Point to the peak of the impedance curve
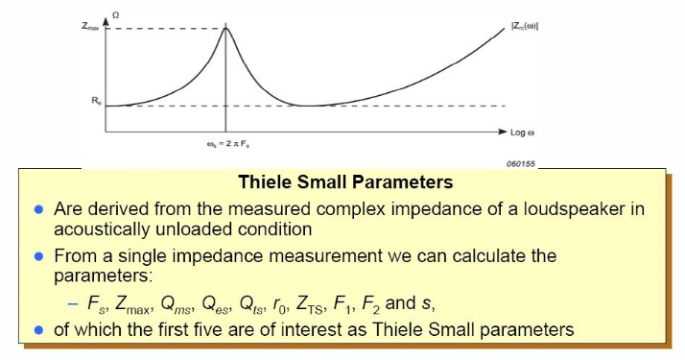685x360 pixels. pos(225,28)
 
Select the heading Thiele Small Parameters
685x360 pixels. pos(357,182)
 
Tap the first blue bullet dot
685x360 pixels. pos(39,208)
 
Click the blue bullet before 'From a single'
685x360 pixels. pos(39,258)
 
